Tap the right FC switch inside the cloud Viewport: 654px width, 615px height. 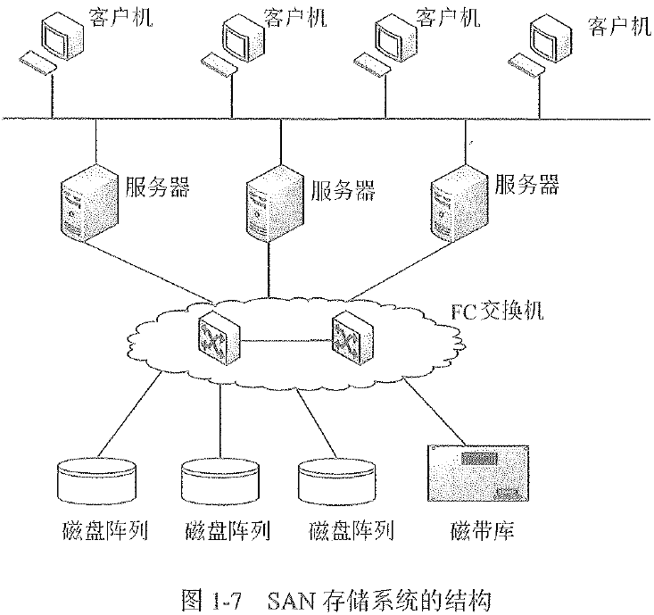click(x=352, y=339)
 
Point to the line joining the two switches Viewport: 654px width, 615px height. click(x=286, y=339)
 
